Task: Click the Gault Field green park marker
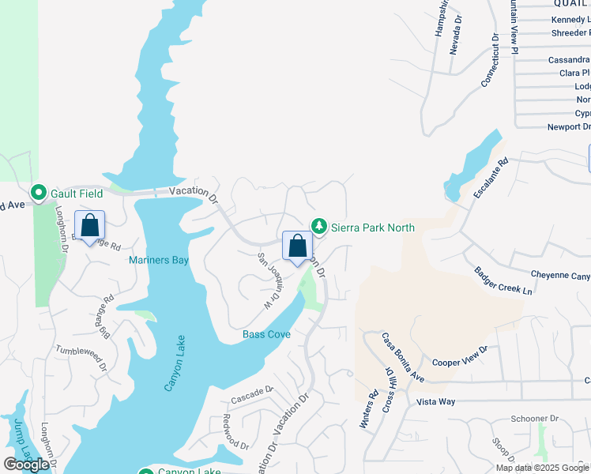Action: pyautogui.click(x=37, y=193)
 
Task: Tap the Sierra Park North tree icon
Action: pyautogui.click(x=318, y=225)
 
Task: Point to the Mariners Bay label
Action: pyautogui.click(x=159, y=259)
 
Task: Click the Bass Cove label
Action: pyautogui.click(x=266, y=334)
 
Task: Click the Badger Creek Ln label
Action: pyautogui.click(x=503, y=281)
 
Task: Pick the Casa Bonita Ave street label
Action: pyautogui.click(x=403, y=359)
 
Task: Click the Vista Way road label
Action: pyautogui.click(x=435, y=402)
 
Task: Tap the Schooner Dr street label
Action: pyautogui.click(x=534, y=418)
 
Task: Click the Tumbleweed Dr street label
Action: pyautogui.click(x=81, y=353)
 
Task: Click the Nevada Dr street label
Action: pyautogui.click(x=454, y=36)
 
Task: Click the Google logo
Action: pyautogui.click(x=27, y=465)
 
